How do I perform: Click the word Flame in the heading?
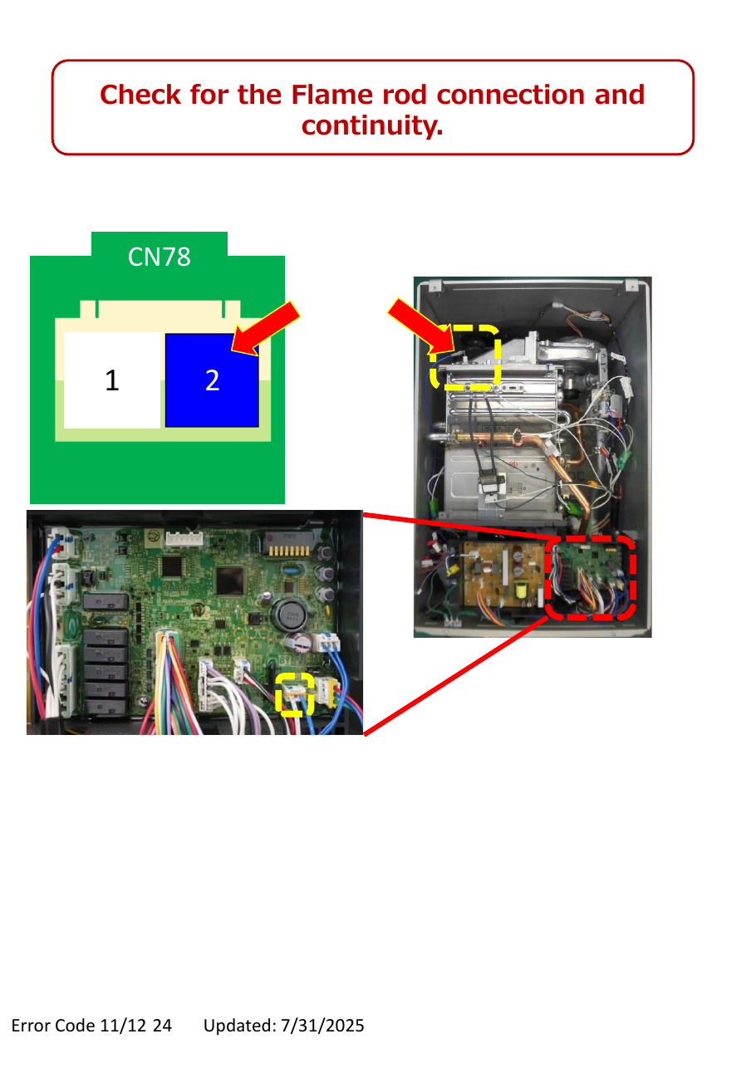pos(331,95)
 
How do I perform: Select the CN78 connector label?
pos(160,257)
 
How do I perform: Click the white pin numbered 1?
pos(112,380)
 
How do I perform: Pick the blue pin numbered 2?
pos(212,380)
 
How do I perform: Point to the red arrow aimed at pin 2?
pos(266,328)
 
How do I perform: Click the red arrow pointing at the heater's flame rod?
pos(421,326)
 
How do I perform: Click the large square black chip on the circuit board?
pos(230,581)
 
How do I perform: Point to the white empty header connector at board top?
pos(184,539)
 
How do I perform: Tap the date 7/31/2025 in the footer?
pos(322,1025)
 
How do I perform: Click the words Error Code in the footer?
pos(53,1025)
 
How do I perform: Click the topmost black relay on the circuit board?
pos(106,600)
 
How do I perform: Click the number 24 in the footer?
pos(162,1025)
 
